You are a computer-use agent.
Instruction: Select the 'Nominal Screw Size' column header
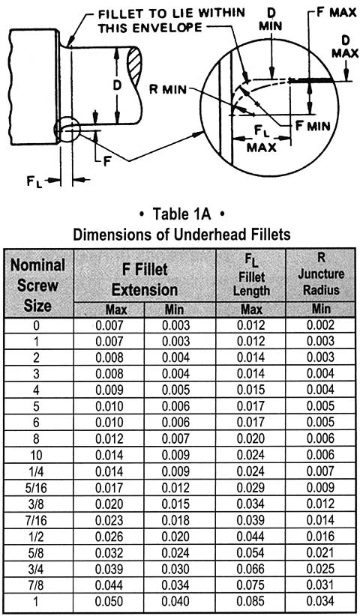click(x=38, y=286)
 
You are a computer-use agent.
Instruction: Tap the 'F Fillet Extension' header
click(x=145, y=279)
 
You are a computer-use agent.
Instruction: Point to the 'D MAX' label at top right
click(x=344, y=46)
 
